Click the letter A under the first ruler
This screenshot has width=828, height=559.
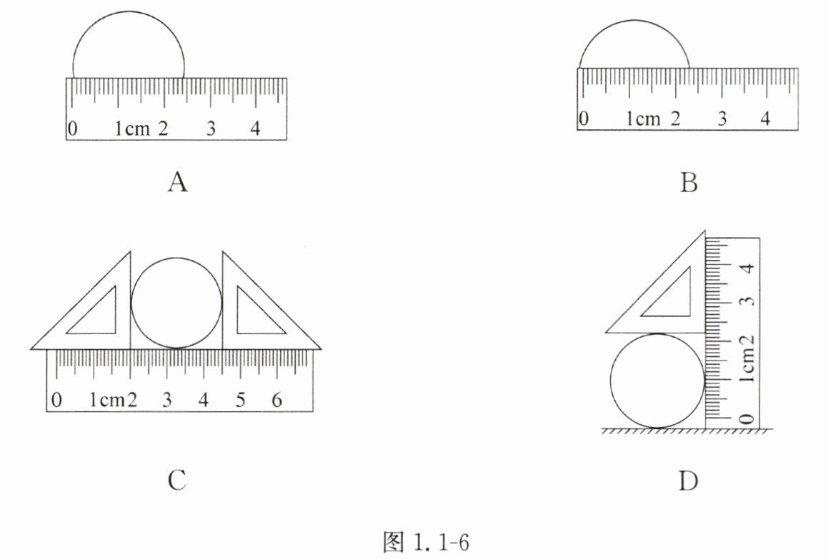coord(178,182)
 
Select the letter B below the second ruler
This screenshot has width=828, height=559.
coord(689,182)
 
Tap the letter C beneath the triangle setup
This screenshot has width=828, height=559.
coord(177,480)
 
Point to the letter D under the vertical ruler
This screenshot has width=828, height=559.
coord(688,480)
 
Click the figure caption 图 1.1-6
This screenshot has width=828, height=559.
coord(427,542)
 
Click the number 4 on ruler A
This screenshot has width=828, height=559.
coord(256,128)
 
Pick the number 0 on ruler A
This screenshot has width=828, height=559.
coord(73,128)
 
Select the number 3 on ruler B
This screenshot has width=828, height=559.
coord(722,119)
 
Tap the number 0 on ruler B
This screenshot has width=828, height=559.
coord(584,118)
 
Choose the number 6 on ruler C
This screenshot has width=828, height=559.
coord(277,400)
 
